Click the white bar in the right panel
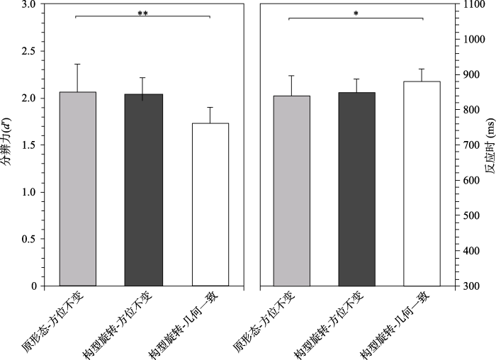click(x=422, y=184)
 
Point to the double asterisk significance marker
click(x=143, y=13)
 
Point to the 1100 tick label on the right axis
click(x=468, y=4)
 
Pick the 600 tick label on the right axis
click(x=466, y=180)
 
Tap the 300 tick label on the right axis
click(x=466, y=286)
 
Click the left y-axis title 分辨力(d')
click(x=9, y=145)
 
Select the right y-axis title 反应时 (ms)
click(x=488, y=145)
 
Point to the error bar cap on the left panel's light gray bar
click(x=77, y=64)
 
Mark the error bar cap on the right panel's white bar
click(x=422, y=69)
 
